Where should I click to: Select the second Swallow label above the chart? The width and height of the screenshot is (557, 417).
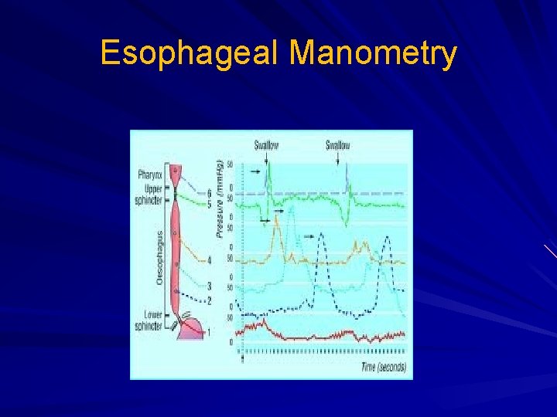(x=337, y=145)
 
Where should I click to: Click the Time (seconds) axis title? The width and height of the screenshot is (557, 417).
(x=383, y=368)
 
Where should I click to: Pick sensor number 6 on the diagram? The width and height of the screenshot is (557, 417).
(x=210, y=192)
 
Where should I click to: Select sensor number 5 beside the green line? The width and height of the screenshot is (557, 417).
(x=210, y=204)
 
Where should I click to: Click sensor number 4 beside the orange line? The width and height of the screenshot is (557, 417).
(x=210, y=261)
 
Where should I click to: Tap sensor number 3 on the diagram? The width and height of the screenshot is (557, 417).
(x=210, y=286)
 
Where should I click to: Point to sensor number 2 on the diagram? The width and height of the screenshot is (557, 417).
(x=210, y=300)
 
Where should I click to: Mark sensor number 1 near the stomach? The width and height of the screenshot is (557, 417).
(x=207, y=332)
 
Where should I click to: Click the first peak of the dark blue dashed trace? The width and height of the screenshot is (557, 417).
(x=321, y=236)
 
